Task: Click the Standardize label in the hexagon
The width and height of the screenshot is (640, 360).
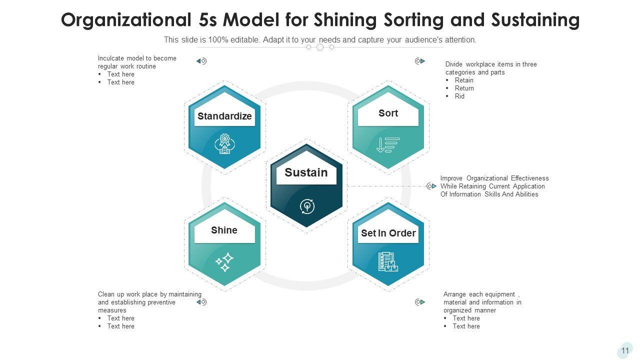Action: tap(224, 116)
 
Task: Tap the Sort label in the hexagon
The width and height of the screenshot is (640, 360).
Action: tap(388, 113)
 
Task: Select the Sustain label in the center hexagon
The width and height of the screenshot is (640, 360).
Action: tap(306, 173)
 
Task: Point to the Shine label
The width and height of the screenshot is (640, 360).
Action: tap(224, 230)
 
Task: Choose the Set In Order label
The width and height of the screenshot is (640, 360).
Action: tap(388, 233)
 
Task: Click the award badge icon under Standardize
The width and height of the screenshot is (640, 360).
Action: tap(224, 143)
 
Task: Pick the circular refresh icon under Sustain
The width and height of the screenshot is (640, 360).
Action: tap(306, 206)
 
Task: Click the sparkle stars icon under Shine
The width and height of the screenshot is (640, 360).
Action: tap(224, 261)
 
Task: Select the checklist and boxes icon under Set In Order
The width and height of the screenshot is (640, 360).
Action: tap(388, 261)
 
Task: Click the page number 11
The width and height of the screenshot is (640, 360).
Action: tap(625, 351)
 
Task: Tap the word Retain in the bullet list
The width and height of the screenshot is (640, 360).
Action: tap(464, 80)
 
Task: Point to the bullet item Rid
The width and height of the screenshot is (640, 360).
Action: tap(459, 96)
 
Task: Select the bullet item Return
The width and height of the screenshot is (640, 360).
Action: tap(464, 88)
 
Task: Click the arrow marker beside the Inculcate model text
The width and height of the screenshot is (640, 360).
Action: tap(201, 61)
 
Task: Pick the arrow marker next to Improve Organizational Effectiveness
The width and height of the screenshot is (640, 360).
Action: tap(431, 186)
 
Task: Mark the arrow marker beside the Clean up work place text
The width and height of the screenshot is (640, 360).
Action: tap(201, 302)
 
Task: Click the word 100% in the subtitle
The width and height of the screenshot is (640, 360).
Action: tap(206, 40)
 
